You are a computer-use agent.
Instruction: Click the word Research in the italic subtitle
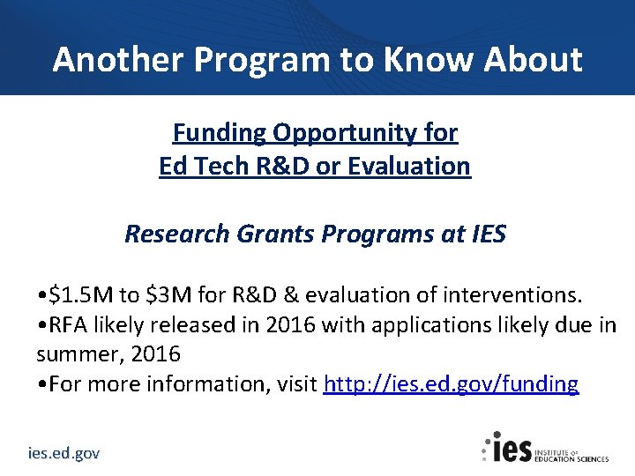176,234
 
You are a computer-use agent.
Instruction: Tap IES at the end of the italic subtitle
487,234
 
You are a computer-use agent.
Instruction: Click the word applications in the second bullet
417,324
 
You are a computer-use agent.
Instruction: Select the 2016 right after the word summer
160,354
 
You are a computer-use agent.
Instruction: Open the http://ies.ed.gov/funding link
451,385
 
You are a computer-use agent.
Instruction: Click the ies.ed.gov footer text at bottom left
64,453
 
